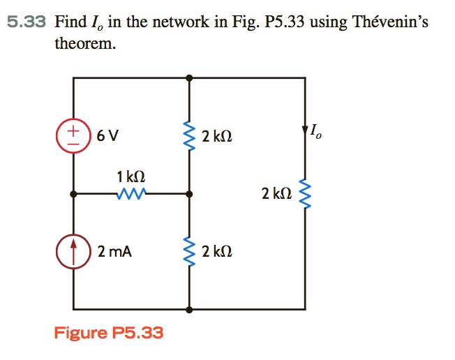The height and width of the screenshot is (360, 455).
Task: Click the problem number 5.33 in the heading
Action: [x=26, y=22]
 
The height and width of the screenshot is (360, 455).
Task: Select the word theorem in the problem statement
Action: [x=85, y=44]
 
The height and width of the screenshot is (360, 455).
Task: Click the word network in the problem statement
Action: [x=177, y=22]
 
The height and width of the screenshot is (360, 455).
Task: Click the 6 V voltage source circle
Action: [x=73, y=135]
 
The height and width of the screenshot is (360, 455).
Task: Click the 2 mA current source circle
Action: [x=73, y=250]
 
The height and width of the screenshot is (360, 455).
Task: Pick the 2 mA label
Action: [x=114, y=251]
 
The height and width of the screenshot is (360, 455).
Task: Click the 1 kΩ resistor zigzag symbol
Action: [x=132, y=193]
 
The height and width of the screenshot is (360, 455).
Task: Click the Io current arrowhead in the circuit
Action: [x=304, y=131]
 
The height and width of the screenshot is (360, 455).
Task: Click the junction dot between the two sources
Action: [x=73, y=193]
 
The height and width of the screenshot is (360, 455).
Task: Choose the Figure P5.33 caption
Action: [x=109, y=333]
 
